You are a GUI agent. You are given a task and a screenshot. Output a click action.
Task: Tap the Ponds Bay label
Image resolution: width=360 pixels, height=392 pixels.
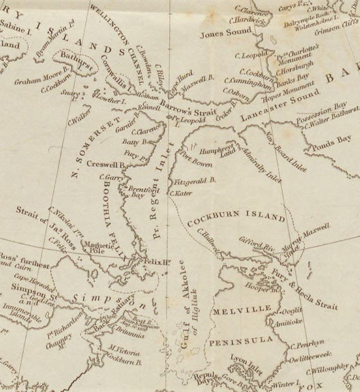pos(330,145)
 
